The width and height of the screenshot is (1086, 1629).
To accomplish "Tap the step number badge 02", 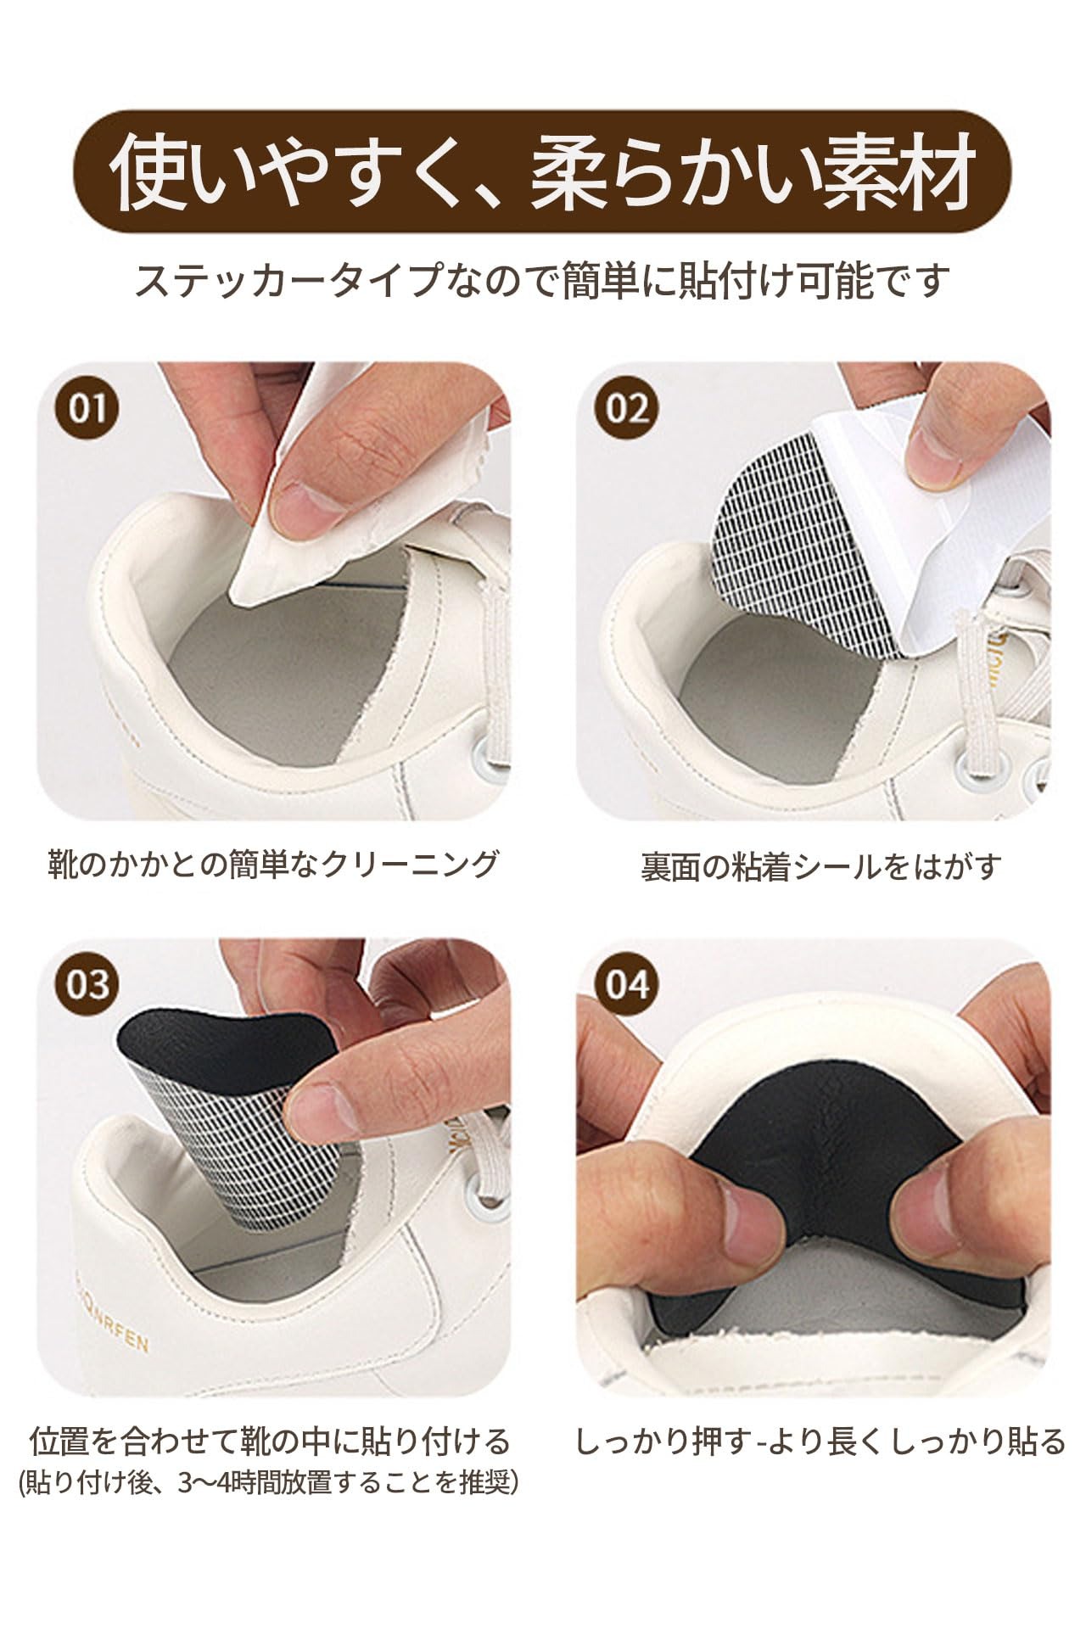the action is pos(627,408).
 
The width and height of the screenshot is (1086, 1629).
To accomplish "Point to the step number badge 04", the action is pos(627,985).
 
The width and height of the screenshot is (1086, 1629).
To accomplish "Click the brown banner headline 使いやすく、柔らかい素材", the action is pos(543,171).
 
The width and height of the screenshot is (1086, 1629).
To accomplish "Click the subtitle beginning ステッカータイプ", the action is pos(540,281).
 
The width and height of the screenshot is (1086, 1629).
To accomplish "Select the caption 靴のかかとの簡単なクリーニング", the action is pos(271,864).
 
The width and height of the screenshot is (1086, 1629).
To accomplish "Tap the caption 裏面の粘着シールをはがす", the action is pos(820,866).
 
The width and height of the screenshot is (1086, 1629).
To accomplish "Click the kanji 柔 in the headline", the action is pos(571,171).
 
